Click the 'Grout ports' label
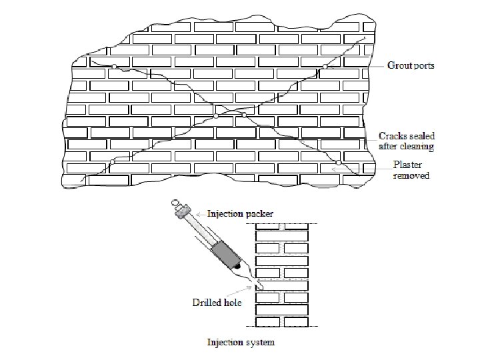tap(411, 66)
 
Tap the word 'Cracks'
tap(393, 136)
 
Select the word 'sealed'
tap(422, 136)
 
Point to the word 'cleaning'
tap(417, 146)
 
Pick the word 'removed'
tap(411, 175)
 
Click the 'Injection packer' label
tap(240, 214)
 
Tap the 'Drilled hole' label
tap(217, 302)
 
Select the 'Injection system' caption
tap(239, 343)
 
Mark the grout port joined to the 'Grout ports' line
tap(326, 66)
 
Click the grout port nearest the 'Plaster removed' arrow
tap(339, 162)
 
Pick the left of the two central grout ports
tap(216, 116)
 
